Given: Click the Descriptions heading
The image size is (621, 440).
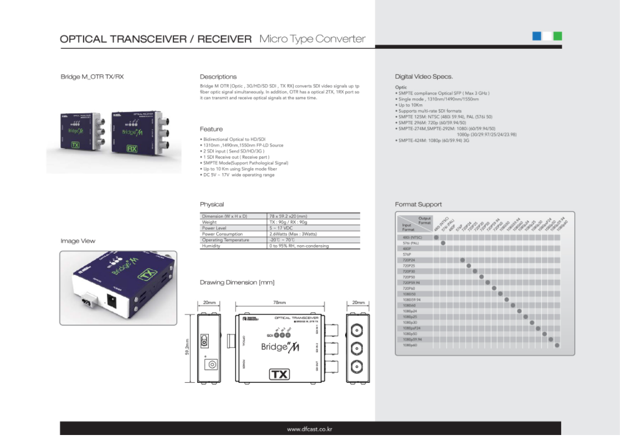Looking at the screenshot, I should click(218, 77).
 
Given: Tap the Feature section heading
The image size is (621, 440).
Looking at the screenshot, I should click(211, 129).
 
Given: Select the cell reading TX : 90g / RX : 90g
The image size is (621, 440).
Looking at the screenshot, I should click(288, 222).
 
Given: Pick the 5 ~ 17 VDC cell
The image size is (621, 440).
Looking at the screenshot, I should click(281, 228).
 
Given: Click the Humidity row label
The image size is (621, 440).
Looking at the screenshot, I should click(211, 246).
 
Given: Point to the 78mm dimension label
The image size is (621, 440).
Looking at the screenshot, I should click(279, 303).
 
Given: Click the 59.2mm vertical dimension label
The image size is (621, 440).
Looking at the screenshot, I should click(188, 348).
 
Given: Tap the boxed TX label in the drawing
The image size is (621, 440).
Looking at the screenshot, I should click(279, 374).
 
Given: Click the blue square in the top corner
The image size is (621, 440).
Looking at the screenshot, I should click(536, 36).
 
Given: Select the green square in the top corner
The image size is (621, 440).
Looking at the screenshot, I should click(557, 36).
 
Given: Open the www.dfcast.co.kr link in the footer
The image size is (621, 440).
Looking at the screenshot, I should click(310, 429).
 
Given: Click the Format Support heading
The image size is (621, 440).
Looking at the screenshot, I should click(418, 204).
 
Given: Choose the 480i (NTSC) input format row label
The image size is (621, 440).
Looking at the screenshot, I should click(413, 237).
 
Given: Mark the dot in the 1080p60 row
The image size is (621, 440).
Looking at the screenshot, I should click(557, 345).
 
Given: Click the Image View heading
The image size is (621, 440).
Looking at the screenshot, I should click(78, 241).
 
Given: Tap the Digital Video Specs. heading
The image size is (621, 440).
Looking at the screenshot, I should click(424, 77).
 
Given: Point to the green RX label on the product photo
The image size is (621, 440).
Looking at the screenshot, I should click(132, 149).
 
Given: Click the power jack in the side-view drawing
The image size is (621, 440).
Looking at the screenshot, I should click(211, 364).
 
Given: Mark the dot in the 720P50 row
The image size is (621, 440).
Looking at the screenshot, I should click(481, 276).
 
